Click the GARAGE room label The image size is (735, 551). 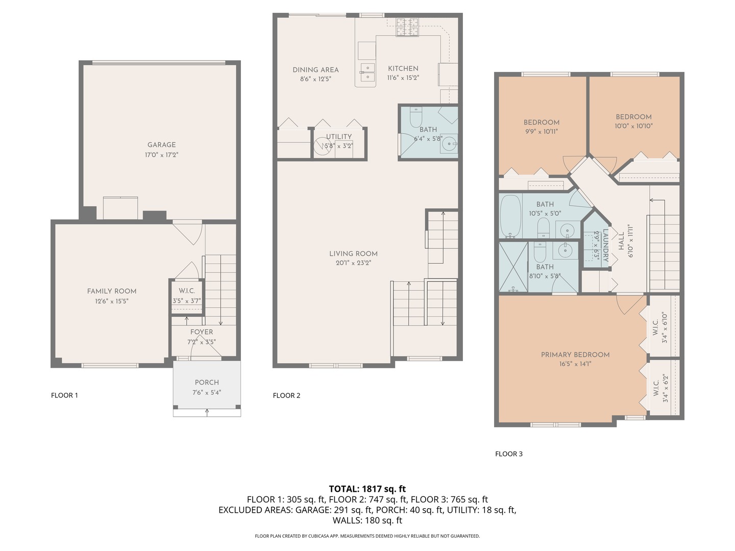161,145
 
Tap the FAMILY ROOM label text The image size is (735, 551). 111,291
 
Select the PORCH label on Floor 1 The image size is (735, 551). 207,383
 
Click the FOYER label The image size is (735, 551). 202,332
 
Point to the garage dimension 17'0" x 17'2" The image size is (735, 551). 161,155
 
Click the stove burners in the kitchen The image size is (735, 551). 407,27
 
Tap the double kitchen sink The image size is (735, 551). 367,72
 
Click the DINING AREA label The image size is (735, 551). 315,70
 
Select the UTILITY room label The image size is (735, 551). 339,137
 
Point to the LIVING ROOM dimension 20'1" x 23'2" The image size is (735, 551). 353,263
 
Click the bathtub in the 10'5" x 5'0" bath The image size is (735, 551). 510,216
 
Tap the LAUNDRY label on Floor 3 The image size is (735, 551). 605,245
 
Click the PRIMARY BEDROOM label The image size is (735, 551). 575,355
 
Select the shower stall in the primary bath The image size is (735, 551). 513,267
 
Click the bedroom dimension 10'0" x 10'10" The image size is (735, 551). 633,126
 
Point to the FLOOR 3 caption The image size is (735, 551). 509,454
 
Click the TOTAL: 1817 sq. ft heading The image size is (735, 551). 367,489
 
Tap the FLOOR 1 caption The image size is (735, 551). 64,395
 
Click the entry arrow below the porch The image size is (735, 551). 207,413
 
